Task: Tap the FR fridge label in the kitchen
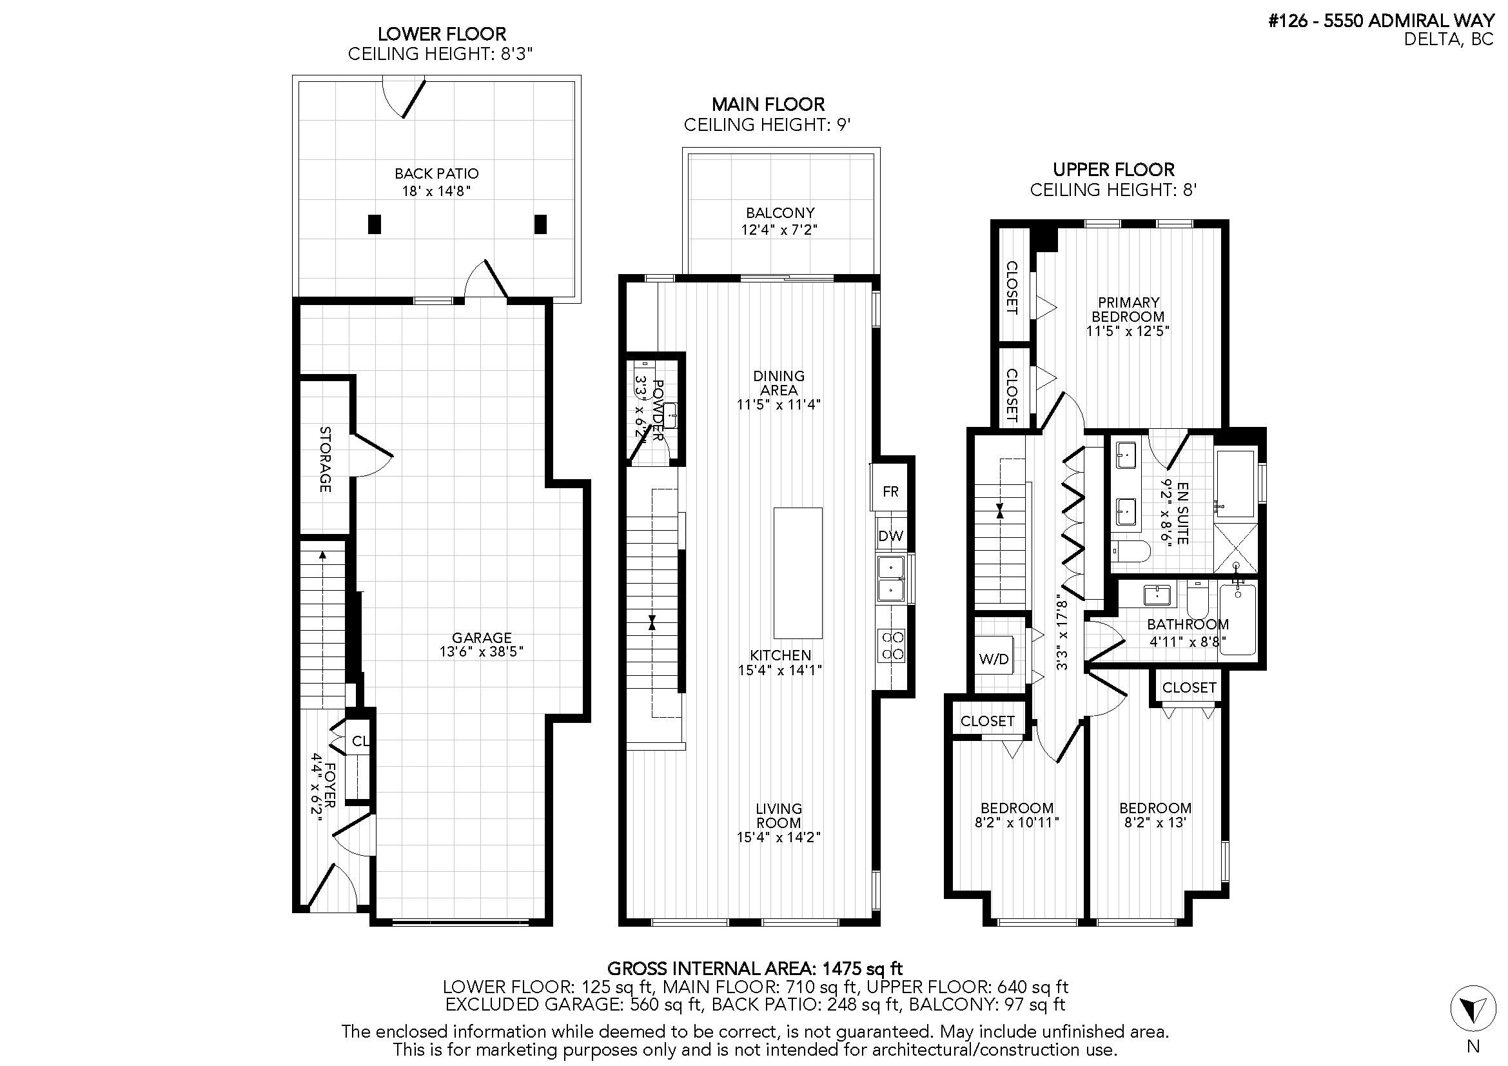[890, 491]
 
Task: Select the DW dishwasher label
[890, 536]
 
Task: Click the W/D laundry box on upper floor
[993, 659]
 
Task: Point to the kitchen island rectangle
[798, 573]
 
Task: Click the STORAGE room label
[325, 459]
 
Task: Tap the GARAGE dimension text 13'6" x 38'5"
[482, 651]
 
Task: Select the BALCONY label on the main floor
[780, 213]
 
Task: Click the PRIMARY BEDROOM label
[1128, 310]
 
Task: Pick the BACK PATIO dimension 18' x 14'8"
[436, 191]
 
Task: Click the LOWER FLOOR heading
[442, 34]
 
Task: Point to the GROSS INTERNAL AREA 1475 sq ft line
[755, 968]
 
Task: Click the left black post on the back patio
[375, 224]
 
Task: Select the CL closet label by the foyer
[360, 742]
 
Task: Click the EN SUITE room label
[1183, 513]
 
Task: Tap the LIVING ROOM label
[779, 815]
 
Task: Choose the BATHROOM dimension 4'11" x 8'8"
[1188, 641]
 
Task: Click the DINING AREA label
[779, 383]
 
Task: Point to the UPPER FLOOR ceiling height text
[1113, 190]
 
